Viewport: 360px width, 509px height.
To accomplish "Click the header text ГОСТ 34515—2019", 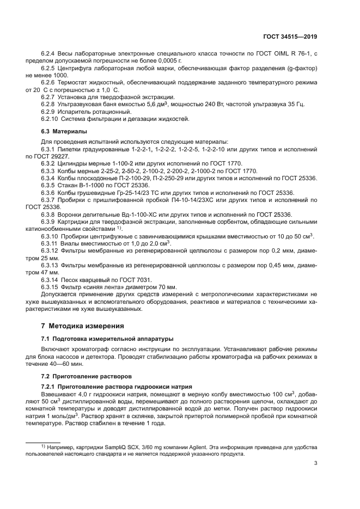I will tap(290, 36).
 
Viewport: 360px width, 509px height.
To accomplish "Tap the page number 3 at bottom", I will tap(316, 463).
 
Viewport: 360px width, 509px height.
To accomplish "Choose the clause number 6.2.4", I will tap(49, 52).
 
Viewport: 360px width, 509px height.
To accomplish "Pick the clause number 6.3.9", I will tap(49, 222).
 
